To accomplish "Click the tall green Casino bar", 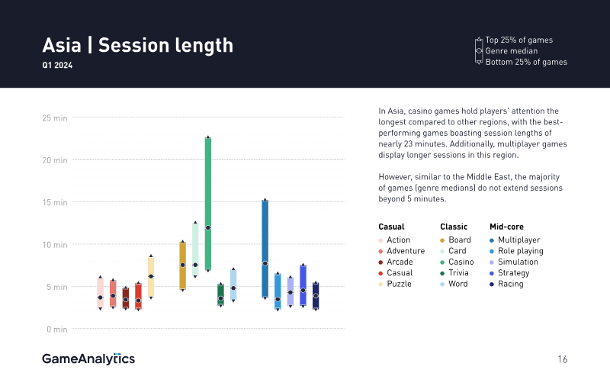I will click(x=208, y=183).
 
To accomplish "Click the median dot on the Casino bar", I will click(x=208, y=227).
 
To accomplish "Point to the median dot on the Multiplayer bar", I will click(x=265, y=263).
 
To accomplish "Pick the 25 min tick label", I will click(x=55, y=118).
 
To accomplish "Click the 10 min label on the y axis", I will click(x=55, y=245).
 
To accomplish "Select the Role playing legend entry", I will click(x=520, y=251).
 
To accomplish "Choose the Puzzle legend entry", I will click(x=399, y=284).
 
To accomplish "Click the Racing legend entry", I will click(x=511, y=284).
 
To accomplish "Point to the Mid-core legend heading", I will click(x=506, y=227).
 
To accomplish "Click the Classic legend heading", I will click(x=454, y=227).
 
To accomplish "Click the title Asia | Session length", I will click(x=137, y=45).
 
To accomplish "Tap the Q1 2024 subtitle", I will click(x=58, y=66).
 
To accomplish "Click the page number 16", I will click(x=562, y=359).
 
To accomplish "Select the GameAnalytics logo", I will click(x=88, y=359).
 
